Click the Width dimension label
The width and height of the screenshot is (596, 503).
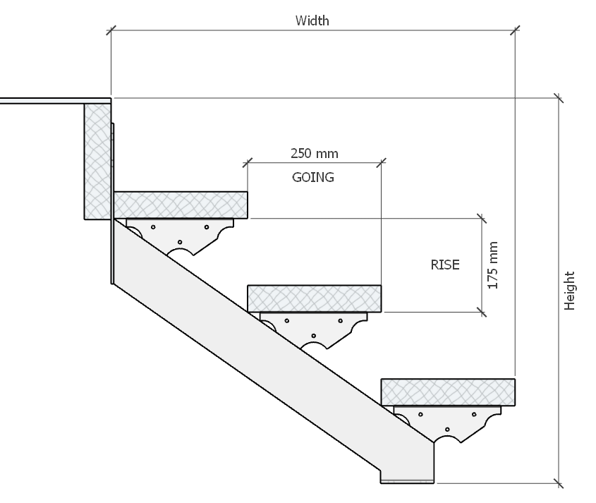coord(312,20)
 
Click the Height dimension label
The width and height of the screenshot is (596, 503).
coord(570,291)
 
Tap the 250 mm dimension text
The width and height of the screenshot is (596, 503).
coord(314,152)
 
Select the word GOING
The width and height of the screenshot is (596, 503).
coord(313,177)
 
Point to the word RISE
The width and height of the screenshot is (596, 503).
coord(445,265)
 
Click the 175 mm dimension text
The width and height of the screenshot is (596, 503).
coord(493,265)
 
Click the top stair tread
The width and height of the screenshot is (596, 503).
coord(181,205)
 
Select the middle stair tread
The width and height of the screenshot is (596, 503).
coord(314,298)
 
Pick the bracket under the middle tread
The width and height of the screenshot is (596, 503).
coord(315,328)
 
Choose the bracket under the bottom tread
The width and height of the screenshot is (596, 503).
coord(447,422)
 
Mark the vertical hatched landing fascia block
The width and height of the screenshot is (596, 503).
coord(98,161)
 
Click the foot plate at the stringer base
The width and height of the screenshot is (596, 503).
coord(407,481)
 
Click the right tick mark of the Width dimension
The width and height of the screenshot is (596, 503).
coord(516,30)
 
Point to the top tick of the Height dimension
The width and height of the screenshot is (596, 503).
coord(559,98)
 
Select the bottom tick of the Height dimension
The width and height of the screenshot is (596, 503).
coord(559,484)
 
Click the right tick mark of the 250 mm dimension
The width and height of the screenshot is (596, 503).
coord(381,163)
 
